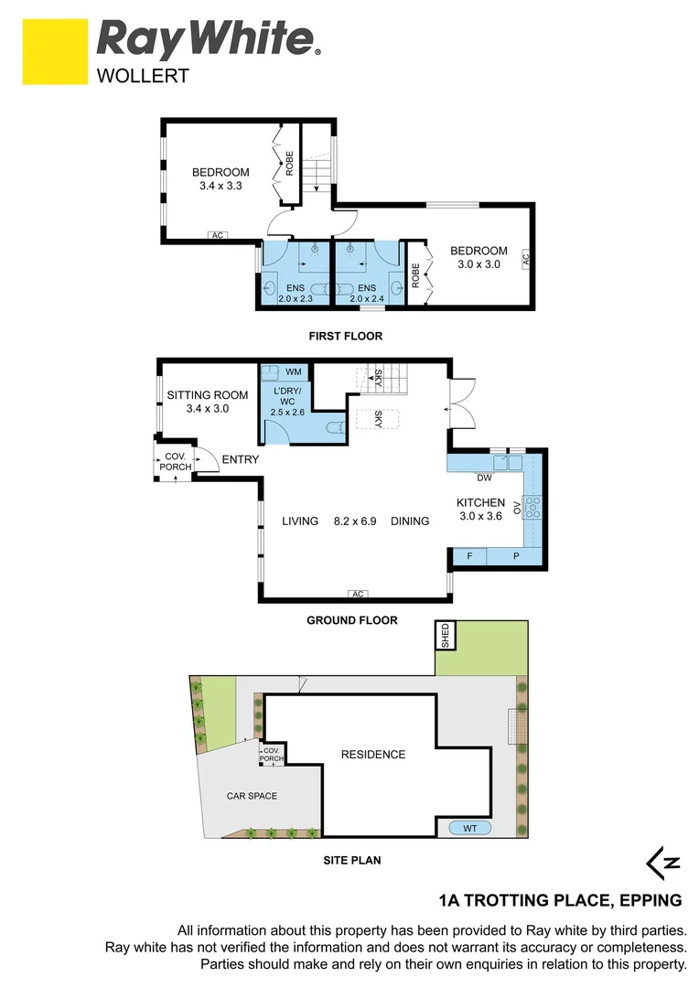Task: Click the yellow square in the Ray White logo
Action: click(55, 50)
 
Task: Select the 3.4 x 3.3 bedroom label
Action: click(220, 178)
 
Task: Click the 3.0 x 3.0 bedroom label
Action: click(479, 258)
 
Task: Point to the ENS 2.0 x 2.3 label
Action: click(295, 293)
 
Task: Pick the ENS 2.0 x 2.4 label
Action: click(366, 293)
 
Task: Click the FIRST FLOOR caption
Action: click(345, 336)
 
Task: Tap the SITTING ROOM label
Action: click(207, 402)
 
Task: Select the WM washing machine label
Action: click(294, 371)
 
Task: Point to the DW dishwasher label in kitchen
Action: click(485, 478)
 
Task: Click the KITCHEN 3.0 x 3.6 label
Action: click(481, 509)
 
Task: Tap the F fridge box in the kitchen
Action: click(469, 556)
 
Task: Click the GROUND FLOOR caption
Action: click(351, 620)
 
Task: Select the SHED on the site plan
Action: click(446, 635)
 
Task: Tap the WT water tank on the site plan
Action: click(470, 829)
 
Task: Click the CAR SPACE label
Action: click(252, 796)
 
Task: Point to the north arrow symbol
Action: click(663, 863)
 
